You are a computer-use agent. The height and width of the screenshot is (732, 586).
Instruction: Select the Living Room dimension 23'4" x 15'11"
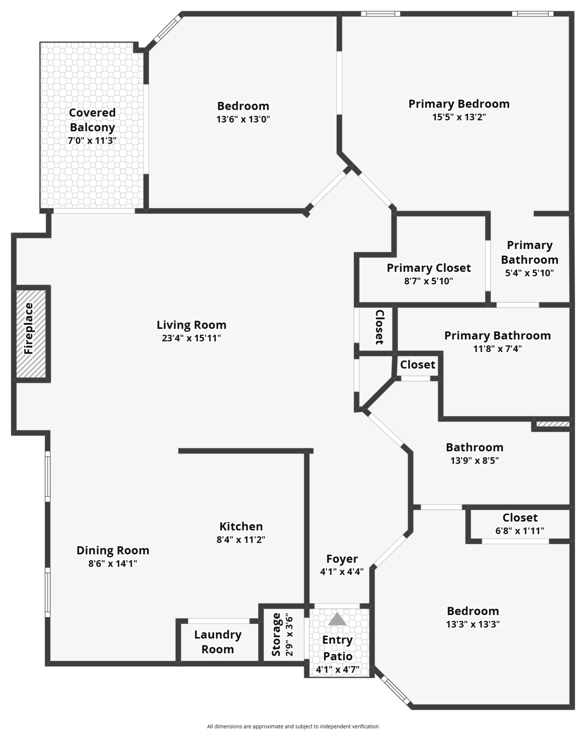click(192, 338)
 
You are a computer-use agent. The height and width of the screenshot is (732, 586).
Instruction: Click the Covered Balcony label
click(92, 120)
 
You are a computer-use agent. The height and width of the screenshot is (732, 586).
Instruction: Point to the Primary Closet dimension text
click(428, 281)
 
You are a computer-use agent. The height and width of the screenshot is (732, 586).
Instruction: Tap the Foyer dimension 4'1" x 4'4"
click(342, 571)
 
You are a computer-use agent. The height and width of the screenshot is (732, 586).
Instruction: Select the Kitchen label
click(241, 526)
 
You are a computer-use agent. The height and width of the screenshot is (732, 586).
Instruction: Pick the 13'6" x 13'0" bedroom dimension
click(243, 119)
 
